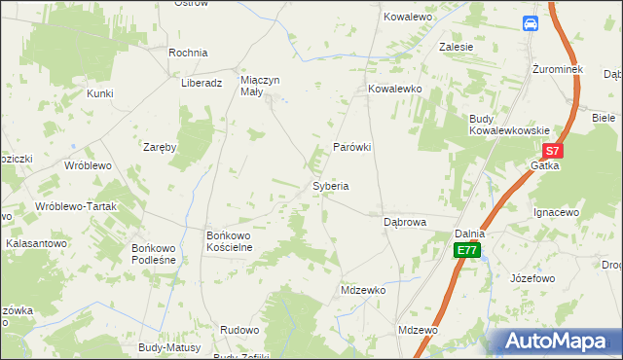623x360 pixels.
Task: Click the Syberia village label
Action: [x=330, y=185]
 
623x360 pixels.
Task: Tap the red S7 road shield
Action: [x=552, y=151]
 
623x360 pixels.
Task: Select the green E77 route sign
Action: [x=467, y=250]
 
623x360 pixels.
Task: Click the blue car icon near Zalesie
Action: [x=531, y=23]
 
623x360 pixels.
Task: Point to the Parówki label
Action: [x=353, y=147]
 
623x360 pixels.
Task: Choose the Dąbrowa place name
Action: [x=405, y=222]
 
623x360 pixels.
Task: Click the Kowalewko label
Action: [x=393, y=89]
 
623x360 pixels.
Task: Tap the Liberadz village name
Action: [x=202, y=83]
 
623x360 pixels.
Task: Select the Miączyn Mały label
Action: [x=265, y=87]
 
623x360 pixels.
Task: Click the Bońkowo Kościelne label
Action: [x=230, y=241]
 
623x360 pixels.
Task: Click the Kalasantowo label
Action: [x=36, y=243]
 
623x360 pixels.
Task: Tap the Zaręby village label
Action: [x=160, y=148]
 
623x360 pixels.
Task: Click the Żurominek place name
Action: [x=557, y=70]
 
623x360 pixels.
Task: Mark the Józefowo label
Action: [x=531, y=278]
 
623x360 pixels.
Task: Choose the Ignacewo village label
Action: [x=557, y=211]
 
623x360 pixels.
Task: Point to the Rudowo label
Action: [x=239, y=330]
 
